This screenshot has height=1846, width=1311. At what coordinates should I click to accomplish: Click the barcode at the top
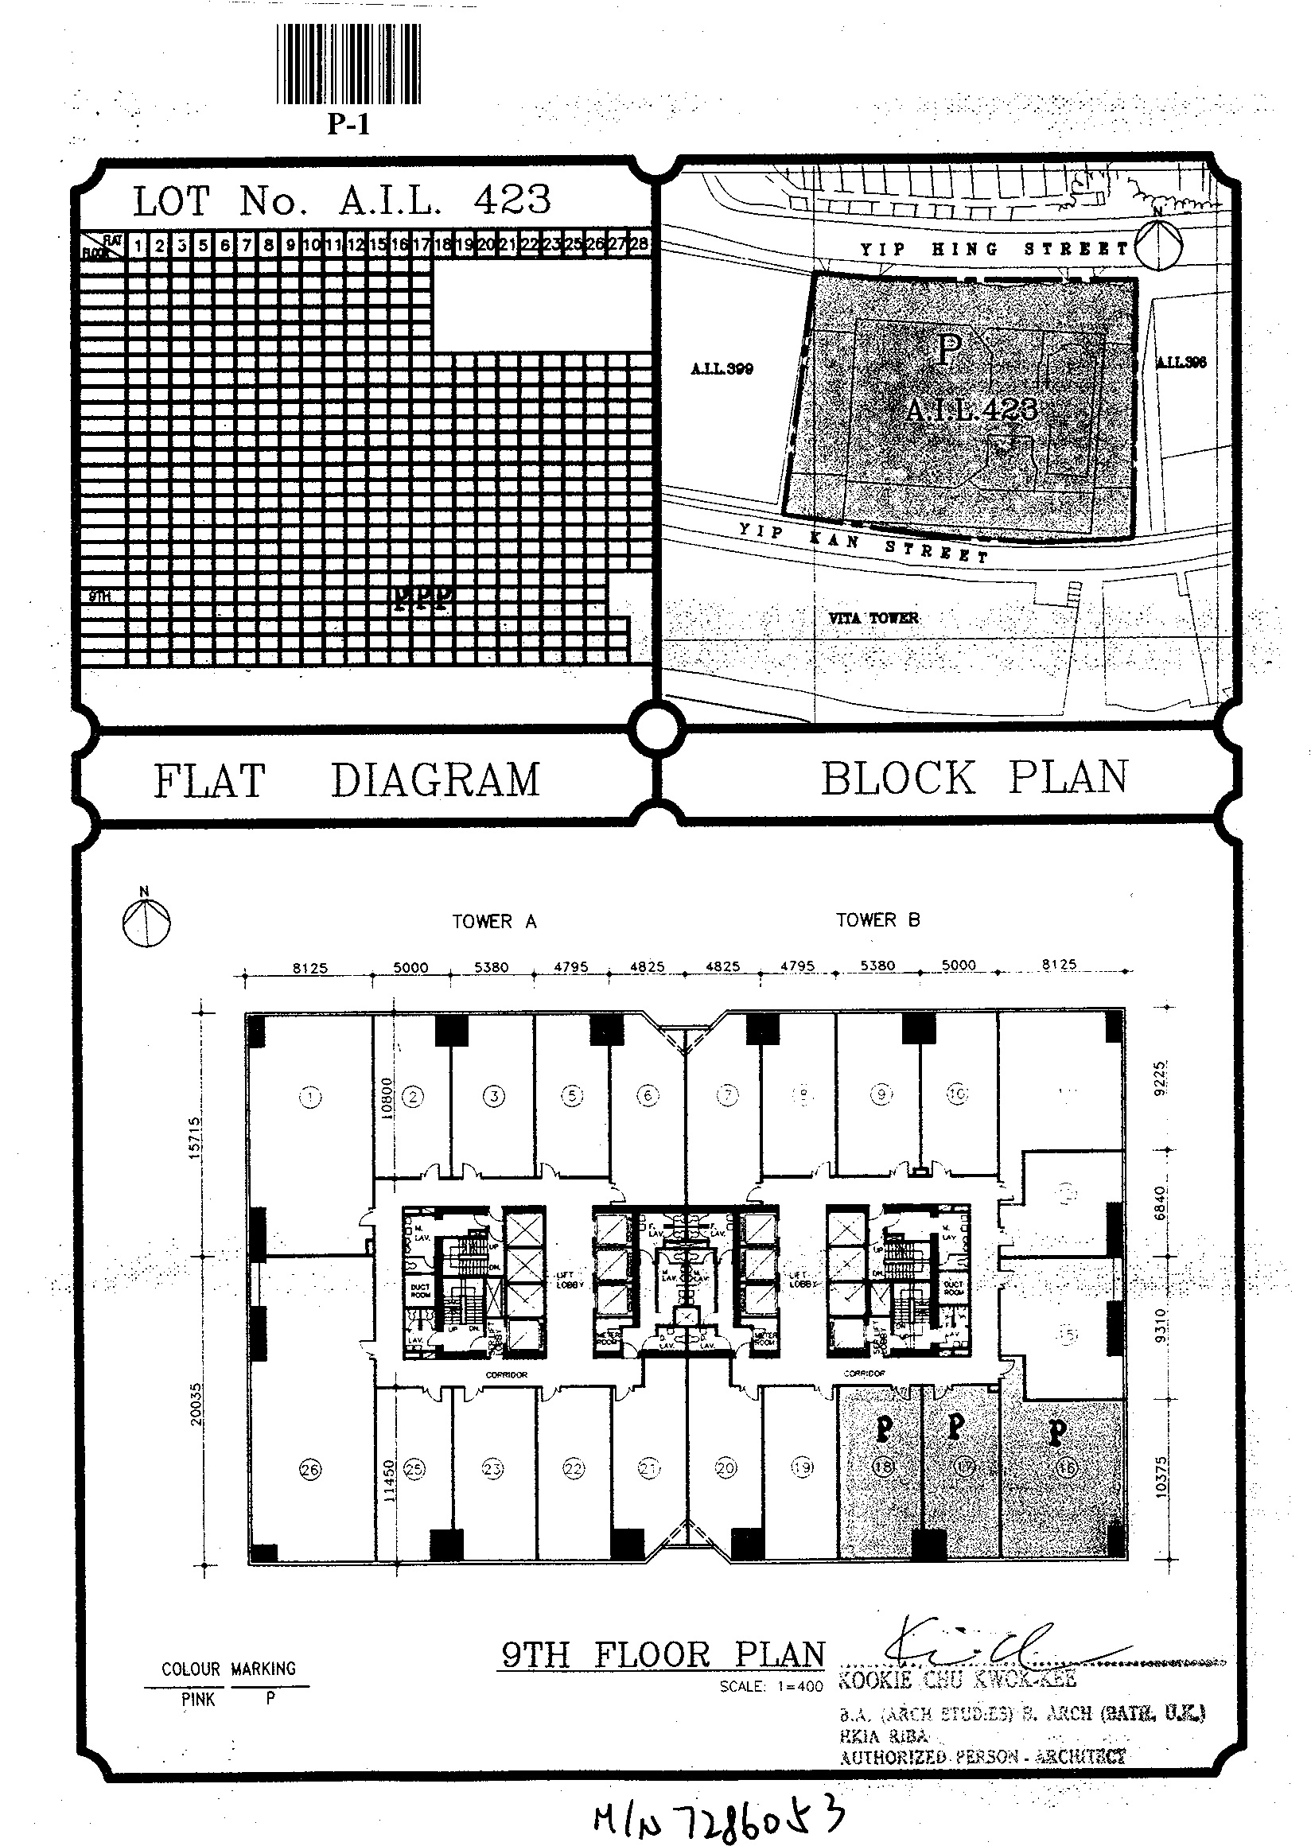[x=348, y=64]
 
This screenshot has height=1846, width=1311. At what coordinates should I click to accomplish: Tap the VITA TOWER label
[x=873, y=618]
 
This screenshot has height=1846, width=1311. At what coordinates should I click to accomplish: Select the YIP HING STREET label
[x=994, y=249]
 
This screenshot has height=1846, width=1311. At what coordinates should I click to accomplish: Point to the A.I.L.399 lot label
[x=722, y=369]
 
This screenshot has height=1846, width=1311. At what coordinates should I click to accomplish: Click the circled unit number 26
[x=310, y=1469]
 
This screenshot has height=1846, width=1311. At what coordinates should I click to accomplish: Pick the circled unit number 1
[x=310, y=1096]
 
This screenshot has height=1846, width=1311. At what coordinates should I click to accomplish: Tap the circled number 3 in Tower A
[x=494, y=1095]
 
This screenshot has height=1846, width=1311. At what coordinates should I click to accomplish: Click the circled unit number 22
[x=573, y=1469]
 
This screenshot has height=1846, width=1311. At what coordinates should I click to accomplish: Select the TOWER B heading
[x=877, y=920]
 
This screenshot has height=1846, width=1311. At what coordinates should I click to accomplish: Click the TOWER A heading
[x=494, y=922]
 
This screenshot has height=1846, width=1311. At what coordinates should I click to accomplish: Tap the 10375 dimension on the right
[x=1161, y=1477]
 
